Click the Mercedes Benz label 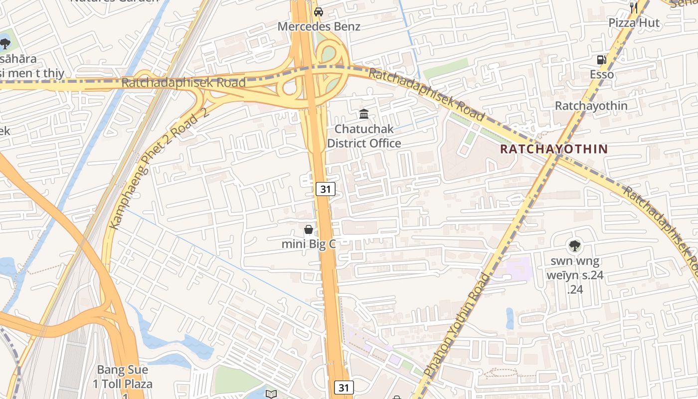(x=319, y=26)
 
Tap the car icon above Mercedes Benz (x=319, y=11)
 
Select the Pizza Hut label (x=634, y=23)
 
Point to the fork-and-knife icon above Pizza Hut (x=634, y=7)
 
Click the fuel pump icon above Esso (x=602, y=60)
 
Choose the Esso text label (x=602, y=75)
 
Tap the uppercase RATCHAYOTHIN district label (x=554, y=149)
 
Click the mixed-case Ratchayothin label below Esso (x=591, y=106)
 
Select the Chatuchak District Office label (x=364, y=136)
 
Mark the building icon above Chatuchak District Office (x=364, y=114)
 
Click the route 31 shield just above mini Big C (x=325, y=189)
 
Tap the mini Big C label (x=309, y=244)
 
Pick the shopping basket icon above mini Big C (x=309, y=229)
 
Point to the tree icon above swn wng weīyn (x=575, y=245)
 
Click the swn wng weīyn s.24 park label (x=575, y=275)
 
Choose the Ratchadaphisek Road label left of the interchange (x=183, y=83)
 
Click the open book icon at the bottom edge (x=271, y=395)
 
